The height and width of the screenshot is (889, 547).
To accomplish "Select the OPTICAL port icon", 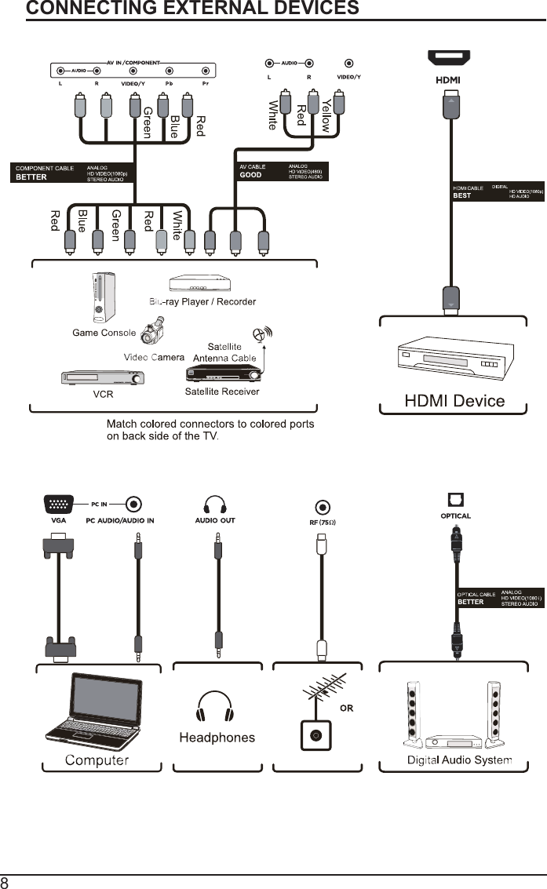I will point(455,500).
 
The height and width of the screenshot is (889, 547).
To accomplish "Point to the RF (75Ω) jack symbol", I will point(321,508).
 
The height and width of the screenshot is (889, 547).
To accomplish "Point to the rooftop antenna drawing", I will point(323,690).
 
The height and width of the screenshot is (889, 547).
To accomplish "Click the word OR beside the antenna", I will point(346,708).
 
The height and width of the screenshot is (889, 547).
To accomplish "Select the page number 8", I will point(5,882).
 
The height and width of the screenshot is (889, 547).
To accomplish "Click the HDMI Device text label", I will point(454,401).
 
